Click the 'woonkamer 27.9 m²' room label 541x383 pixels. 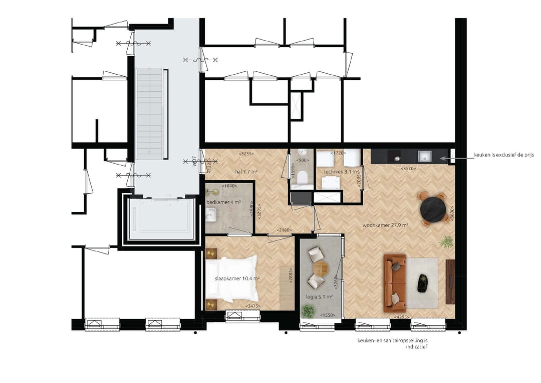tap(385, 226)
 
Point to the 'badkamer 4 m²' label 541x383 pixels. tap(223, 202)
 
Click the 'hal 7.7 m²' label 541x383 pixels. tap(246, 172)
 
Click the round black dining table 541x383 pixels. tap(434, 210)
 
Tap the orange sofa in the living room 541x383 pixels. tap(394, 282)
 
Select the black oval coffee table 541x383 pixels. tap(422, 282)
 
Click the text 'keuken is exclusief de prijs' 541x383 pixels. tap(504, 156)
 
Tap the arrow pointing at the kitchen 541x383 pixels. tap(456, 158)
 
